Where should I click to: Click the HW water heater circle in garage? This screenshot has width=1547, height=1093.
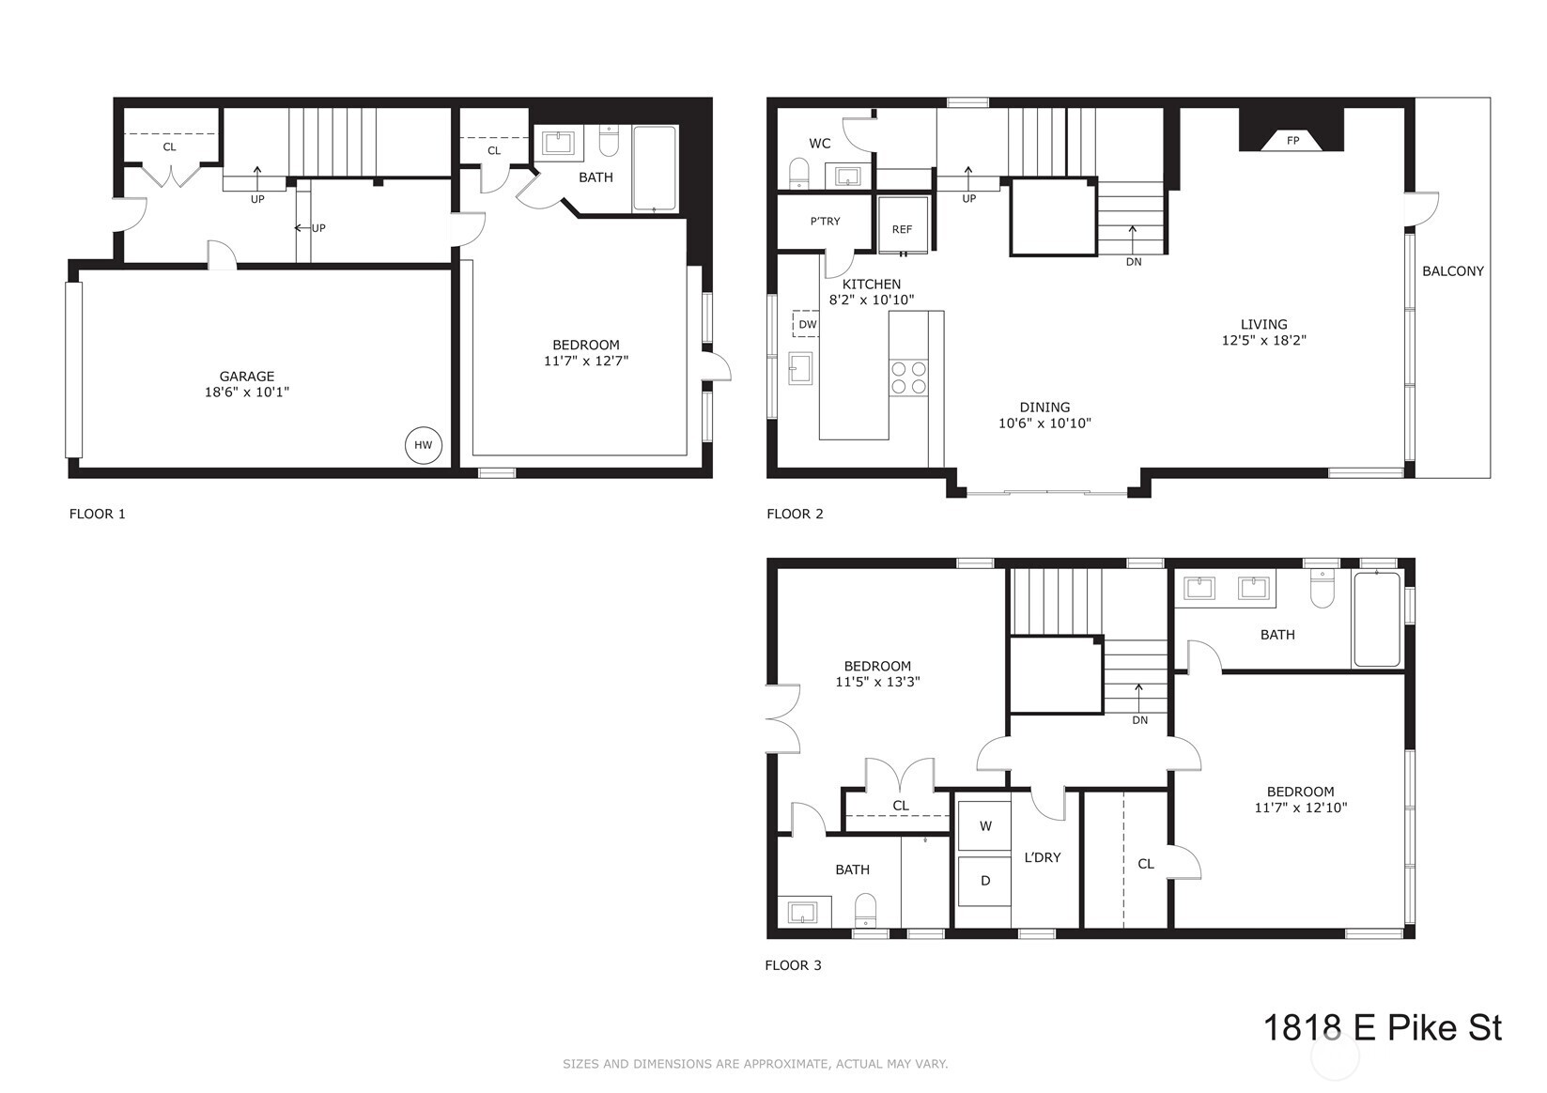coord(424,445)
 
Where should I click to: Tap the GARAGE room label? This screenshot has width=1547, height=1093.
coord(247,377)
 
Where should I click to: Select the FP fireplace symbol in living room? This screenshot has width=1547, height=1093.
coord(1292,141)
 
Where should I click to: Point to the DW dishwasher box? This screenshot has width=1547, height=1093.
coord(807,324)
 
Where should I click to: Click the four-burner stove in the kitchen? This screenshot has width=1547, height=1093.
coord(908,377)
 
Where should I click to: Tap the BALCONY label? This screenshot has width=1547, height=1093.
coord(1452,271)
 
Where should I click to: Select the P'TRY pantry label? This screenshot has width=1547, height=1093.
coord(825,222)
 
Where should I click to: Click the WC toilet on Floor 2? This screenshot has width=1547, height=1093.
coord(799,174)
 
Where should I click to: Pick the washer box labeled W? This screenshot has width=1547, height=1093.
coord(984,826)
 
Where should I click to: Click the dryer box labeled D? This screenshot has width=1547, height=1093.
coord(984,881)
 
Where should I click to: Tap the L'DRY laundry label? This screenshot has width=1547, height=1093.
coord(1043,857)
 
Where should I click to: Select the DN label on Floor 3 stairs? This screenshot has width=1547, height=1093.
coord(1139,720)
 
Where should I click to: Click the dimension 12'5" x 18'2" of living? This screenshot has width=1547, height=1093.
coord(1263,341)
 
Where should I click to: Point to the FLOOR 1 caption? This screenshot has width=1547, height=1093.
coord(98,514)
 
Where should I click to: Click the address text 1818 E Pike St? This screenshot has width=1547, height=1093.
coord(1382,1027)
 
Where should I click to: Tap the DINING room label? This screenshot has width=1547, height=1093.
coord(1044,408)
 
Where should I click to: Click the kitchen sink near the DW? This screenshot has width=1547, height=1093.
coord(800,368)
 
